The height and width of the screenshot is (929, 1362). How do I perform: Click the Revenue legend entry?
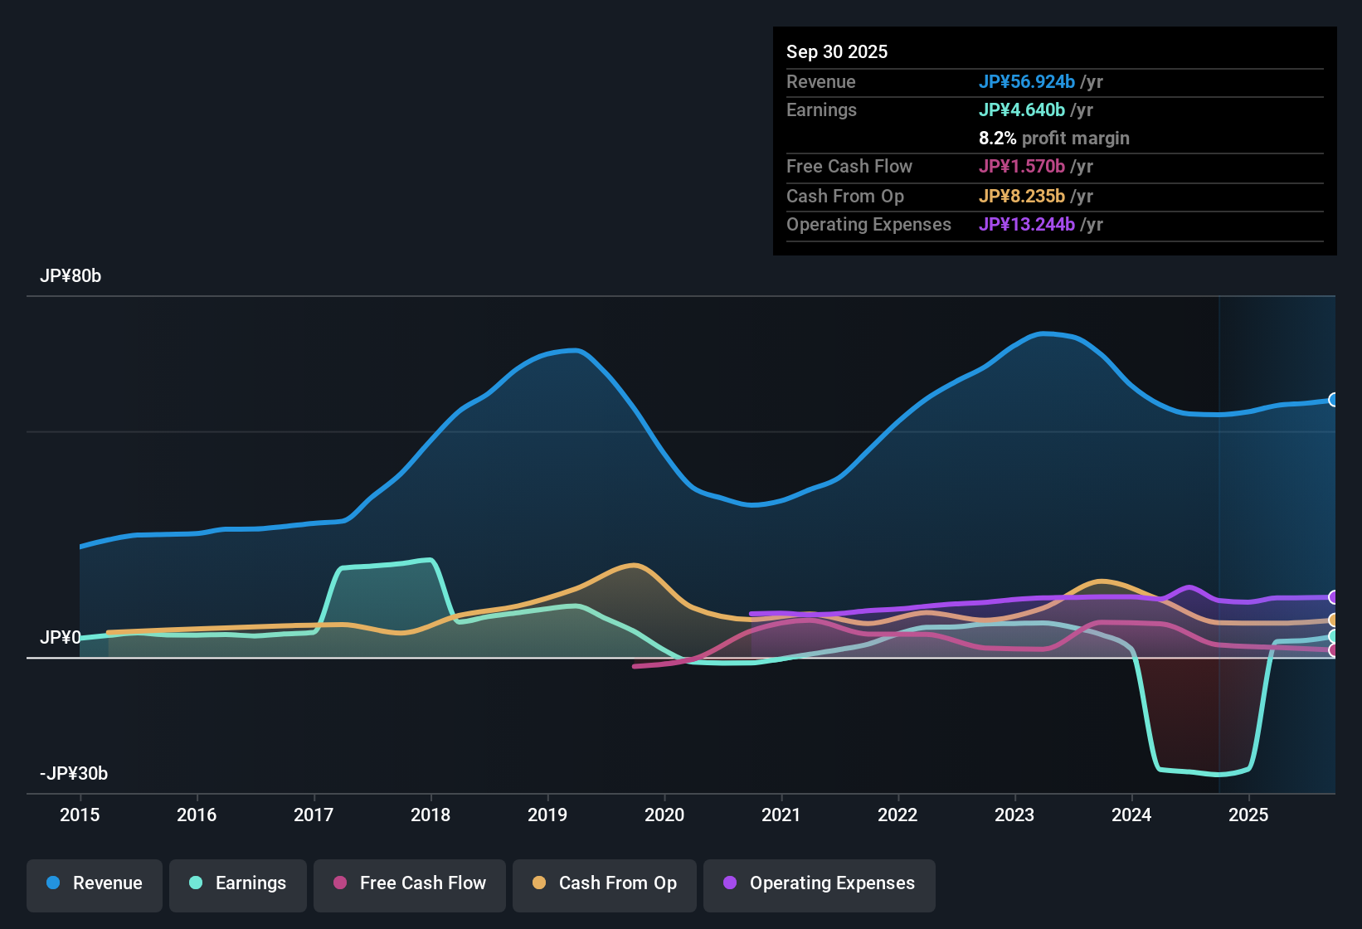[95, 883]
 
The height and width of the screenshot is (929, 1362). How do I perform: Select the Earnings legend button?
[238, 883]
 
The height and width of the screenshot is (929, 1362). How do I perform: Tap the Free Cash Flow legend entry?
[410, 883]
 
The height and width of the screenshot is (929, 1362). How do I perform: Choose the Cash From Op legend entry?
[605, 883]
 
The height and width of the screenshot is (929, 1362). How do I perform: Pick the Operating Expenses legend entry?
[820, 883]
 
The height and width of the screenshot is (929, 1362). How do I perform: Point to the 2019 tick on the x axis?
[547, 815]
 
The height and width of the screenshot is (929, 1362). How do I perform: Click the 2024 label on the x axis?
[1131, 815]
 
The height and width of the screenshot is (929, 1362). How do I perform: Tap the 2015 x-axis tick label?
[80, 815]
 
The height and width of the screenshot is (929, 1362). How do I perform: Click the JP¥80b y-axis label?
[71, 276]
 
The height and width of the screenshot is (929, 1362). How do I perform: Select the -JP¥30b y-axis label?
[74, 774]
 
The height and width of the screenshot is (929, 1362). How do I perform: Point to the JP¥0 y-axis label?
[61, 638]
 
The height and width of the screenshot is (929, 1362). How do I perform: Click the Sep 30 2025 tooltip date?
[836, 51]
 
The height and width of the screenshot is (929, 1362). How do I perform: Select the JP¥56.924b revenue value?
[1027, 81]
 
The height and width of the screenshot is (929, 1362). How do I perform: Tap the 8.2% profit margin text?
[1053, 139]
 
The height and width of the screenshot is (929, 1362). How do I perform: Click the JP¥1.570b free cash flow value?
[1022, 167]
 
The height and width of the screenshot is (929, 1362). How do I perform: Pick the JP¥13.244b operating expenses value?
[1027, 225]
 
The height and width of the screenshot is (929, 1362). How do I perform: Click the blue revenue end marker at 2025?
[1333, 400]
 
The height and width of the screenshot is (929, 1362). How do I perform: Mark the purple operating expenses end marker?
[1333, 597]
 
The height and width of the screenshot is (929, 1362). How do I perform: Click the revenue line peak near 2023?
[1043, 333]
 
